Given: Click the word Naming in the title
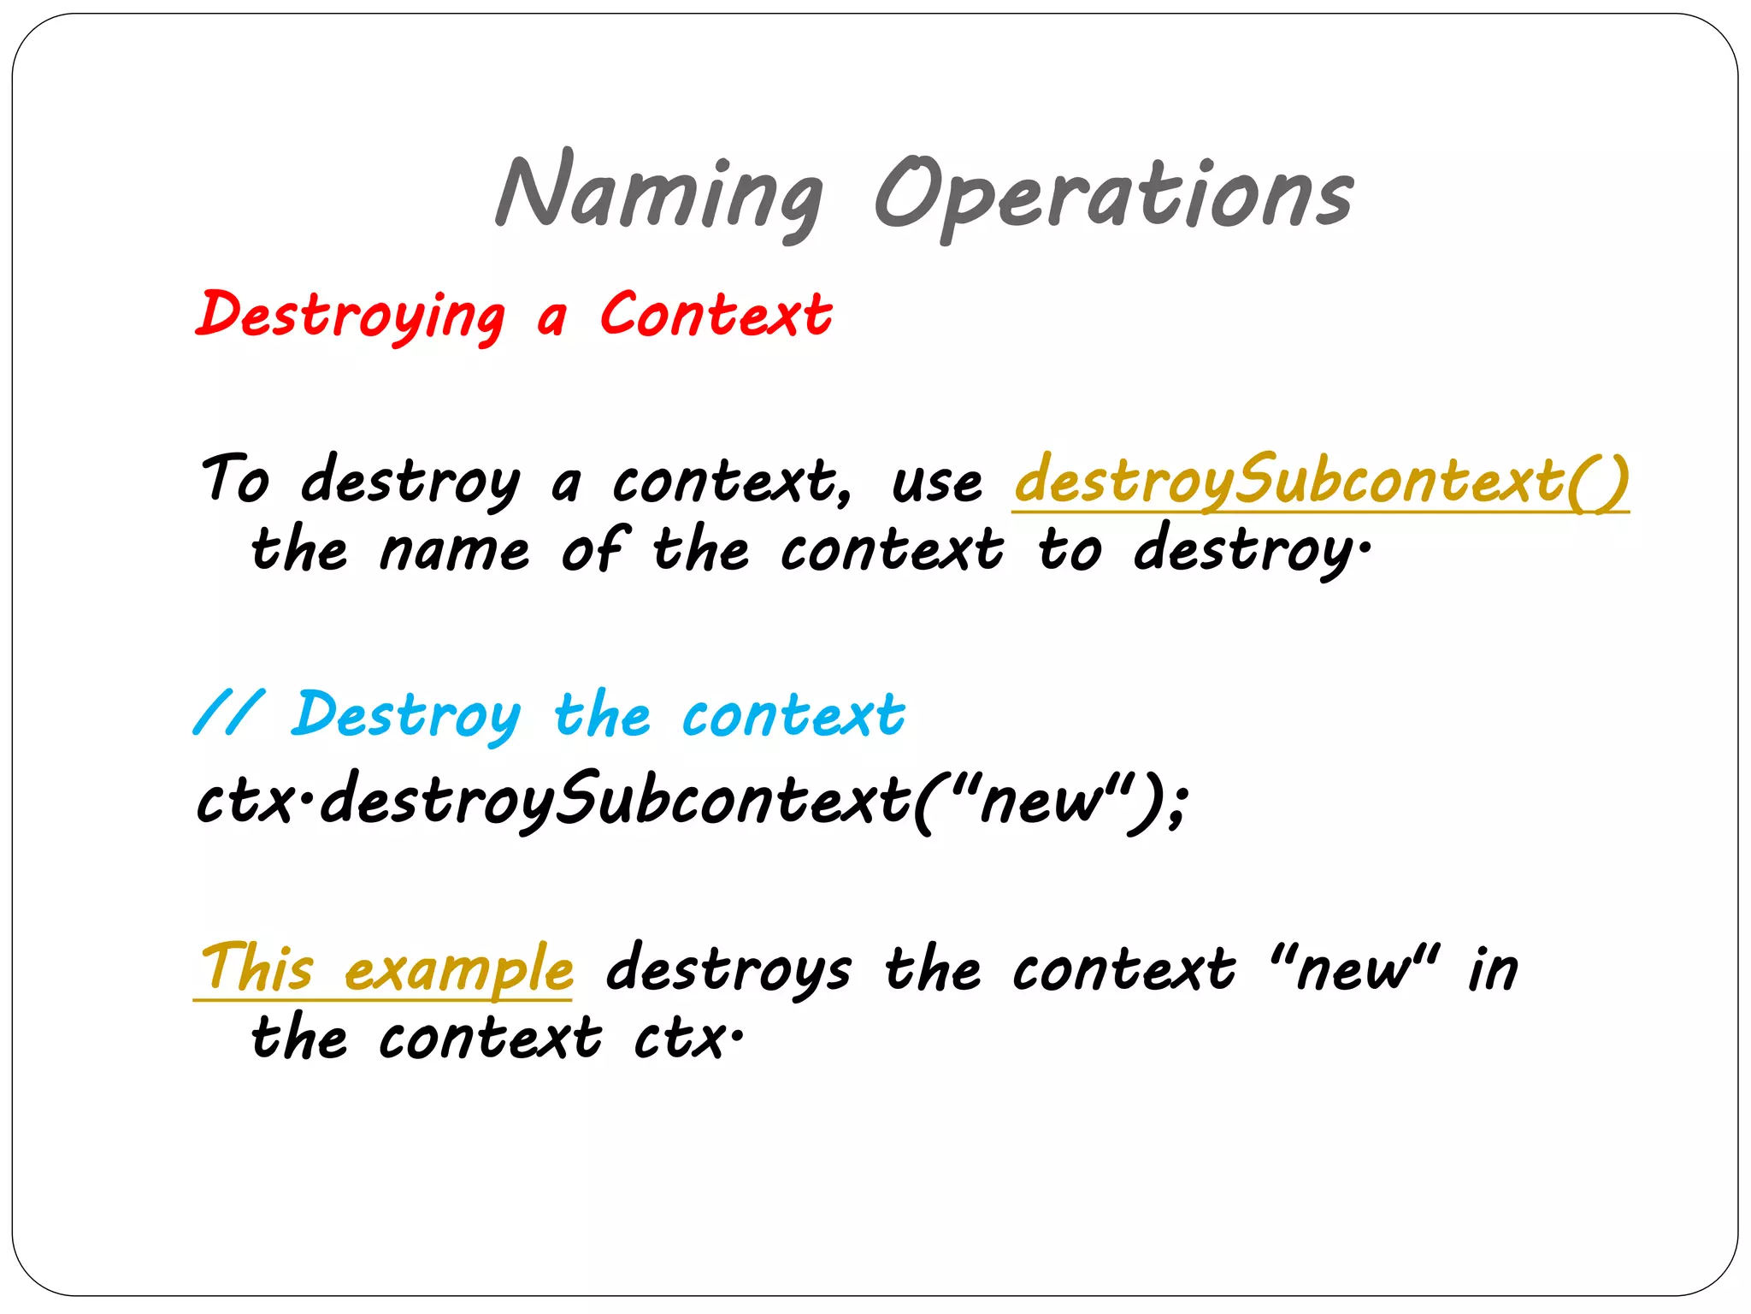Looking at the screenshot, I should (659, 195).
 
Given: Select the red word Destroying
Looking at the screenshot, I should (351, 315).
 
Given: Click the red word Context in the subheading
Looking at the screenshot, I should (716, 313).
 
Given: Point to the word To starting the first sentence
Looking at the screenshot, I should (235, 478).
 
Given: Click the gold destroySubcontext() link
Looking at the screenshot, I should (1321, 480).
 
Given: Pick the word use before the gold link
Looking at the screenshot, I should (937, 482).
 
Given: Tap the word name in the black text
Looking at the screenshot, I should (455, 551).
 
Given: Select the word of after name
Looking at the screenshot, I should (595, 548).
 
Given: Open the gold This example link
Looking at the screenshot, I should (386, 968).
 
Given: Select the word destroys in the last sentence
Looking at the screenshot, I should (728, 969).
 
